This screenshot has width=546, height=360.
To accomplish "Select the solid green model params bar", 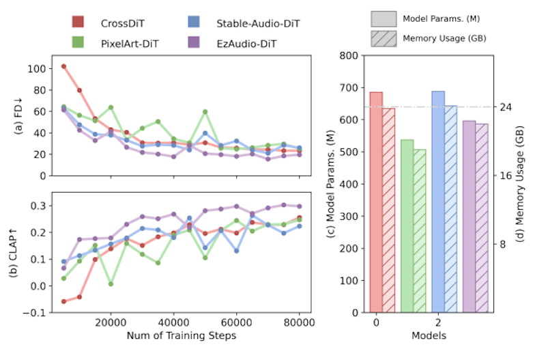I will tap(407, 226).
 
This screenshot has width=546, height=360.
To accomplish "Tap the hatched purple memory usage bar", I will tap(481, 218).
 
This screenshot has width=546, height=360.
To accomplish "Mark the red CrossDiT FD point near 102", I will tap(63, 66).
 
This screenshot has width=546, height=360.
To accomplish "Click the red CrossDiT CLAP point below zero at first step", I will tap(63, 301).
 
